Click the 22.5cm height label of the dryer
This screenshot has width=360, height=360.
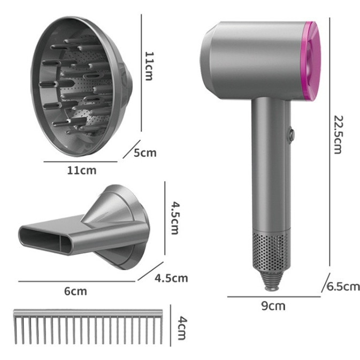[336, 134]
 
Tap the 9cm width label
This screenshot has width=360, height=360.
[273, 306]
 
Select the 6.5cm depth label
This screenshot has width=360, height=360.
[343, 287]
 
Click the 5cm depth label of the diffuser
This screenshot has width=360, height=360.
[145, 153]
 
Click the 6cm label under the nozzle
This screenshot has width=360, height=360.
[75, 291]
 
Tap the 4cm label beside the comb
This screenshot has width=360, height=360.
[182, 328]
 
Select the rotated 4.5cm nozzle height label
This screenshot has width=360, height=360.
[173, 218]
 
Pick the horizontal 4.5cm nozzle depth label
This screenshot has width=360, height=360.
[171, 278]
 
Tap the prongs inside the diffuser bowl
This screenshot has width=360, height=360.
[80, 86]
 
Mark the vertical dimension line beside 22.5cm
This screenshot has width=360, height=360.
[328, 144]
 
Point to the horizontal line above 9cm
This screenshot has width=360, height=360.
[273, 296]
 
